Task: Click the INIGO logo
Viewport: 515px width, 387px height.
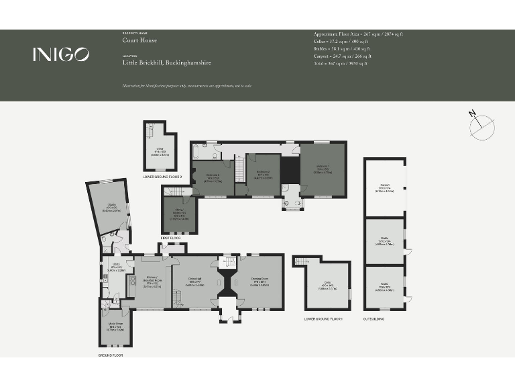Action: point(60,55)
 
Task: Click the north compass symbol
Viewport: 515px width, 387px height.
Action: point(481,127)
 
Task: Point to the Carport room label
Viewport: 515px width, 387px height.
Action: point(384,188)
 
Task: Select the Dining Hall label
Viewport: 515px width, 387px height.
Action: point(195,282)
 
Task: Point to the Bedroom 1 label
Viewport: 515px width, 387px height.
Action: point(323,168)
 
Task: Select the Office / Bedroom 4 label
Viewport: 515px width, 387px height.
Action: point(178,216)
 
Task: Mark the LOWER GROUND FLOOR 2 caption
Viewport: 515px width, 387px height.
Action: point(162,177)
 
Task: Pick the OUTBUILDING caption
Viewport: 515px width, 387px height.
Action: point(374,318)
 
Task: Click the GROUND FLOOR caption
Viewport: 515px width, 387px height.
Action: point(110,354)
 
